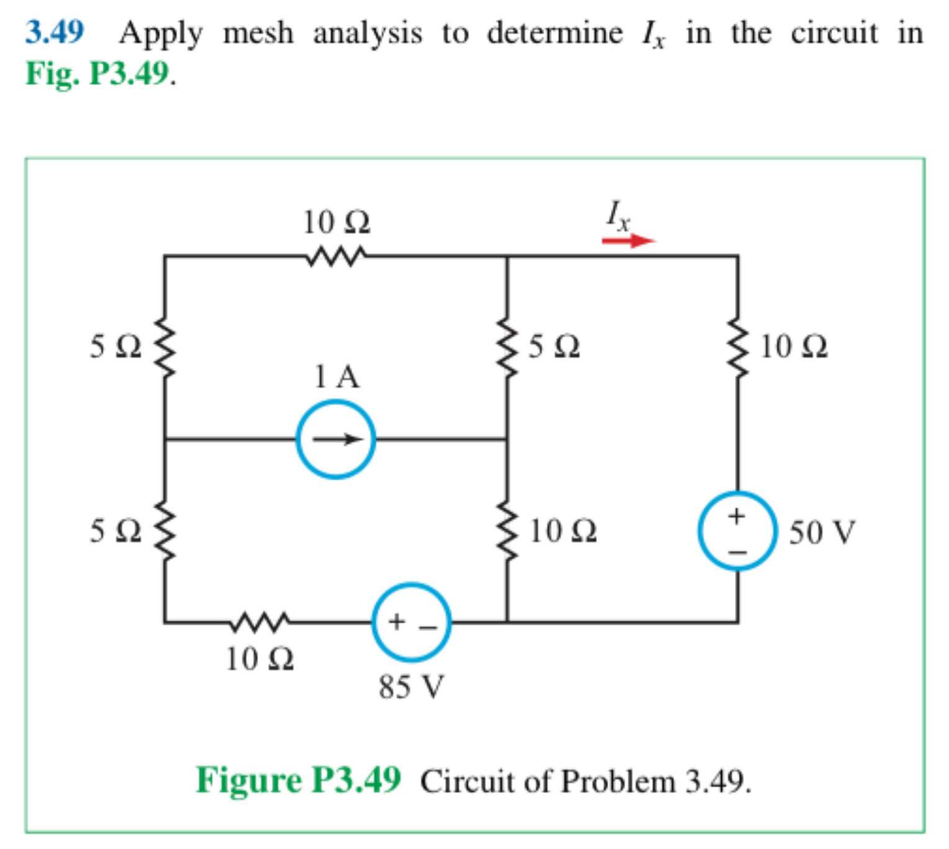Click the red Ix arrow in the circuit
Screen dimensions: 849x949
pyautogui.click(x=628, y=240)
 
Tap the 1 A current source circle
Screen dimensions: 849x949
pyautogui.click(x=336, y=439)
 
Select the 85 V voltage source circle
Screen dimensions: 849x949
pyautogui.click(x=411, y=622)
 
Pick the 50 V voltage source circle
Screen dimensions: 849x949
pyautogui.click(x=737, y=531)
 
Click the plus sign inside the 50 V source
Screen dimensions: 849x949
pyautogui.click(x=737, y=515)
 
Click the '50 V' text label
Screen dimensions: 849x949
pyautogui.click(x=822, y=532)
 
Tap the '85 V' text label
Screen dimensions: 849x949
pyautogui.click(x=412, y=687)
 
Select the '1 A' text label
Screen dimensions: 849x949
pyautogui.click(x=336, y=376)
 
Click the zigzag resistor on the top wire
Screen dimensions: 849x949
pyautogui.click(x=336, y=256)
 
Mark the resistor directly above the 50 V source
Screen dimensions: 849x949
pyautogui.click(x=737, y=348)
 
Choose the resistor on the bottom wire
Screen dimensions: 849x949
pyautogui.click(x=259, y=621)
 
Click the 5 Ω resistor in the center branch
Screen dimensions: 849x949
pyautogui.click(x=507, y=348)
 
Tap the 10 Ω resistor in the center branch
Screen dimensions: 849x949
pyautogui.click(x=507, y=531)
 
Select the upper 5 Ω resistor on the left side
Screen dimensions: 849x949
pyautogui.click(x=164, y=348)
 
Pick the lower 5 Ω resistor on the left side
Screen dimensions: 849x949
pyautogui.click(x=164, y=531)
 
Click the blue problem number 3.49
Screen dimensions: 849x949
pyautogui.click(x=54, y=32)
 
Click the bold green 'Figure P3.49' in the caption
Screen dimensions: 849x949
pyautogui.click(x=299, y=780)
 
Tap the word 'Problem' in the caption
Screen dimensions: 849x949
pyautogui.click(x=618, y=781)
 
